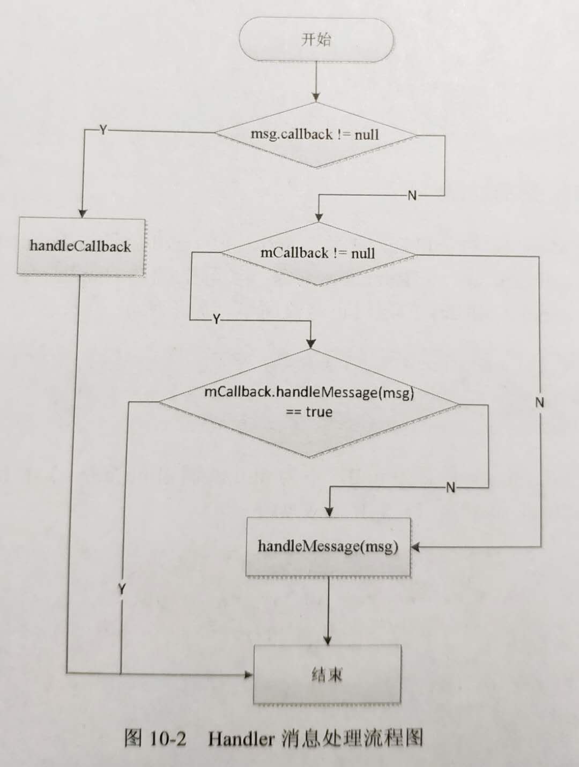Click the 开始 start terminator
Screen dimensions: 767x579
click(x=316, y=40)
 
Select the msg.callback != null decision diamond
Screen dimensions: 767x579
click(x=315, y=135)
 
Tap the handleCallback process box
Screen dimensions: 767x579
click(x=81, y=247)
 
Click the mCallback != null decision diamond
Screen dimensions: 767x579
click(x=318, y=253)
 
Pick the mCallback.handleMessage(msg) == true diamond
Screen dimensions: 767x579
click(x=309, y=403)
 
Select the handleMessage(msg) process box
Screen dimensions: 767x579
click(x=328, y=547)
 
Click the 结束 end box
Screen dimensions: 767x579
click(x=327, y=674)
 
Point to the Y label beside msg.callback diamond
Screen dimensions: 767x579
click(x=103, y=130)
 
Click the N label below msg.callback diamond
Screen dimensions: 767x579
click(x=412, y=196)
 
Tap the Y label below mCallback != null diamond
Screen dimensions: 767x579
click(x=216, y=319)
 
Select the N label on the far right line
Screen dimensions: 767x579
click(x=539, y=403)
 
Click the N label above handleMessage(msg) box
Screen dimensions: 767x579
click(x=450, y=487)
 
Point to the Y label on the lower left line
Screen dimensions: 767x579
click(x=122, y=589)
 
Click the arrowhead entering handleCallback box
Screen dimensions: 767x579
click(x=83, y=213)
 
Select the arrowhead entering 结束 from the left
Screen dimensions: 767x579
click(x=249, y=674)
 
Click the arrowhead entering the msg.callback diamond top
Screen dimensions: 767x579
click(x=316, y=98)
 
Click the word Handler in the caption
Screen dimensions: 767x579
click(x=241, y=739)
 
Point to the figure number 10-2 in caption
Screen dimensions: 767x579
click(x=168, y=739)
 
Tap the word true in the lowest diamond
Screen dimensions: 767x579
click(x=319, y=412)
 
